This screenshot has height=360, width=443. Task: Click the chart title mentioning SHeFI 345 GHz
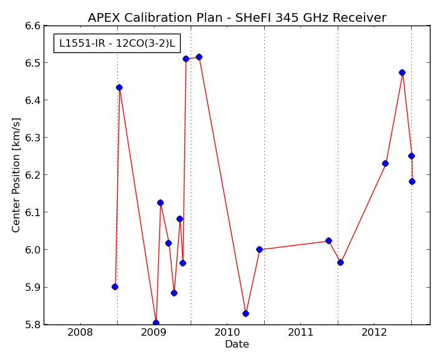tap(237, 17)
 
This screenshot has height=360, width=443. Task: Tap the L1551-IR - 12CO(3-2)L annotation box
tap(117, 43)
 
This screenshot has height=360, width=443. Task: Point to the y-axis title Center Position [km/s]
tap(16, 175)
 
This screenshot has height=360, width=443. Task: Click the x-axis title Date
tap(237, 344)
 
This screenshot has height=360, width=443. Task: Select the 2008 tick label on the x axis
tap(80, 333)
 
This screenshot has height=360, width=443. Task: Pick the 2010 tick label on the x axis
tap(227, 333)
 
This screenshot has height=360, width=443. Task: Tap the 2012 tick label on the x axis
tap(374, 333)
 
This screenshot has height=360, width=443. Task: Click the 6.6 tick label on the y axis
tap(33, 26)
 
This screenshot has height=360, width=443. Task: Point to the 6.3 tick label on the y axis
tap(33, 138)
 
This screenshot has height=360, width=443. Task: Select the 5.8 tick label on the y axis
tap(33, 324)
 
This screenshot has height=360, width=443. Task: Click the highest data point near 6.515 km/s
tap(199, 57)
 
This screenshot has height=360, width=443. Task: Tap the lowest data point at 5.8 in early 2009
tap(156, 323)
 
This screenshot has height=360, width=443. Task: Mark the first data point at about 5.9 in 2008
tap(115, 287)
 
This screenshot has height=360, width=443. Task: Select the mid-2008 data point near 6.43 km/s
tap(119, 88)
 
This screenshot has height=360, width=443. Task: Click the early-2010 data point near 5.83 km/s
tap(245, 313)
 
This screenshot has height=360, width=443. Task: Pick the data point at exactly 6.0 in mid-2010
tap(259, 249)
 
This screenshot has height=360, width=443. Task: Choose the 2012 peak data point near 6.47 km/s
tap(403, 73)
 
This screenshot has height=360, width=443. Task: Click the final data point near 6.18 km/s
tap(412, 181)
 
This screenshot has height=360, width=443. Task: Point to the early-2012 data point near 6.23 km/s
tap(385, 163)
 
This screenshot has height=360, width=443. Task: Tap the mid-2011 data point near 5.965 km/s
tap(340, 263)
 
